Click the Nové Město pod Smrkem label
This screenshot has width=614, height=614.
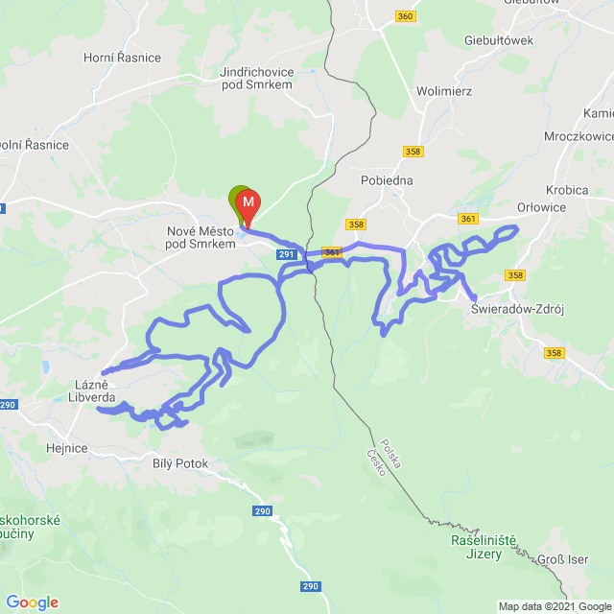[x=201, y=238]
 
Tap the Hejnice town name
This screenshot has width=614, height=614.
[x=67, y=447]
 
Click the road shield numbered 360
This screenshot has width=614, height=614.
[x=405, y=16]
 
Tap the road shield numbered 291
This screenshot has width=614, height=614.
[x=287, y=254]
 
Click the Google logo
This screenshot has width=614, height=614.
[x=32, y=602]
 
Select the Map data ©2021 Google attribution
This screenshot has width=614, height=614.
[x=554, y=606]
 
